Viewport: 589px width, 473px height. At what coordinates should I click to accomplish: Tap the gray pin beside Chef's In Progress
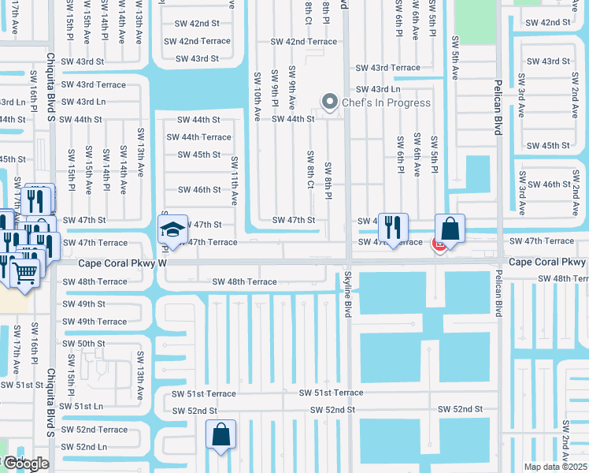tap(330, 102)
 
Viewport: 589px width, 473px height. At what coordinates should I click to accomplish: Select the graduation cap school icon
tap(172, 230)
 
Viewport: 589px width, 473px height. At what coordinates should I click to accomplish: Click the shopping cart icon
tap(25, 273)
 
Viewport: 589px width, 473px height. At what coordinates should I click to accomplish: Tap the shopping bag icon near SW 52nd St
tap(221, 434)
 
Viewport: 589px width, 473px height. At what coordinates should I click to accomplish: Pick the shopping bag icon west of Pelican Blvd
tap(450, 229)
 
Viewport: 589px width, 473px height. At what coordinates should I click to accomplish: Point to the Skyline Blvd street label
tap(347, 296)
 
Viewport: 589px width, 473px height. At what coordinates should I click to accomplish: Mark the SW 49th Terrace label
tap(94, 322)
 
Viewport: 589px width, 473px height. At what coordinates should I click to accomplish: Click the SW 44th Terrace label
tap(198, 137)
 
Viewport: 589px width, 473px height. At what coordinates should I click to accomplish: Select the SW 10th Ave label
tap(257, 97)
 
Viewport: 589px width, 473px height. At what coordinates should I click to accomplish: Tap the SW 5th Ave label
tap(455, 58)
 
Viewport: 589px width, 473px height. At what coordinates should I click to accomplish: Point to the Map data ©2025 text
tap(555, 467)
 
